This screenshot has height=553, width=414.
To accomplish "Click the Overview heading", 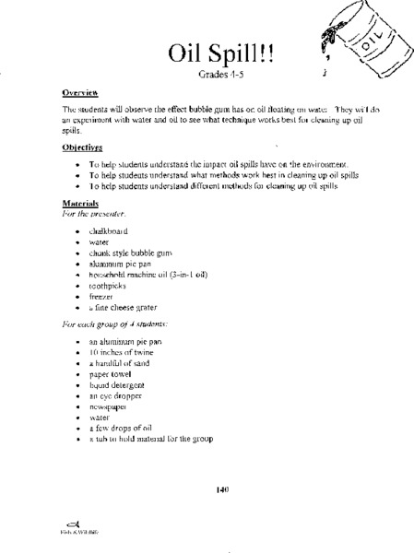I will [80, 93].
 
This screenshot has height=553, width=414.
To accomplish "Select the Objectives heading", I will [83, 147].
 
